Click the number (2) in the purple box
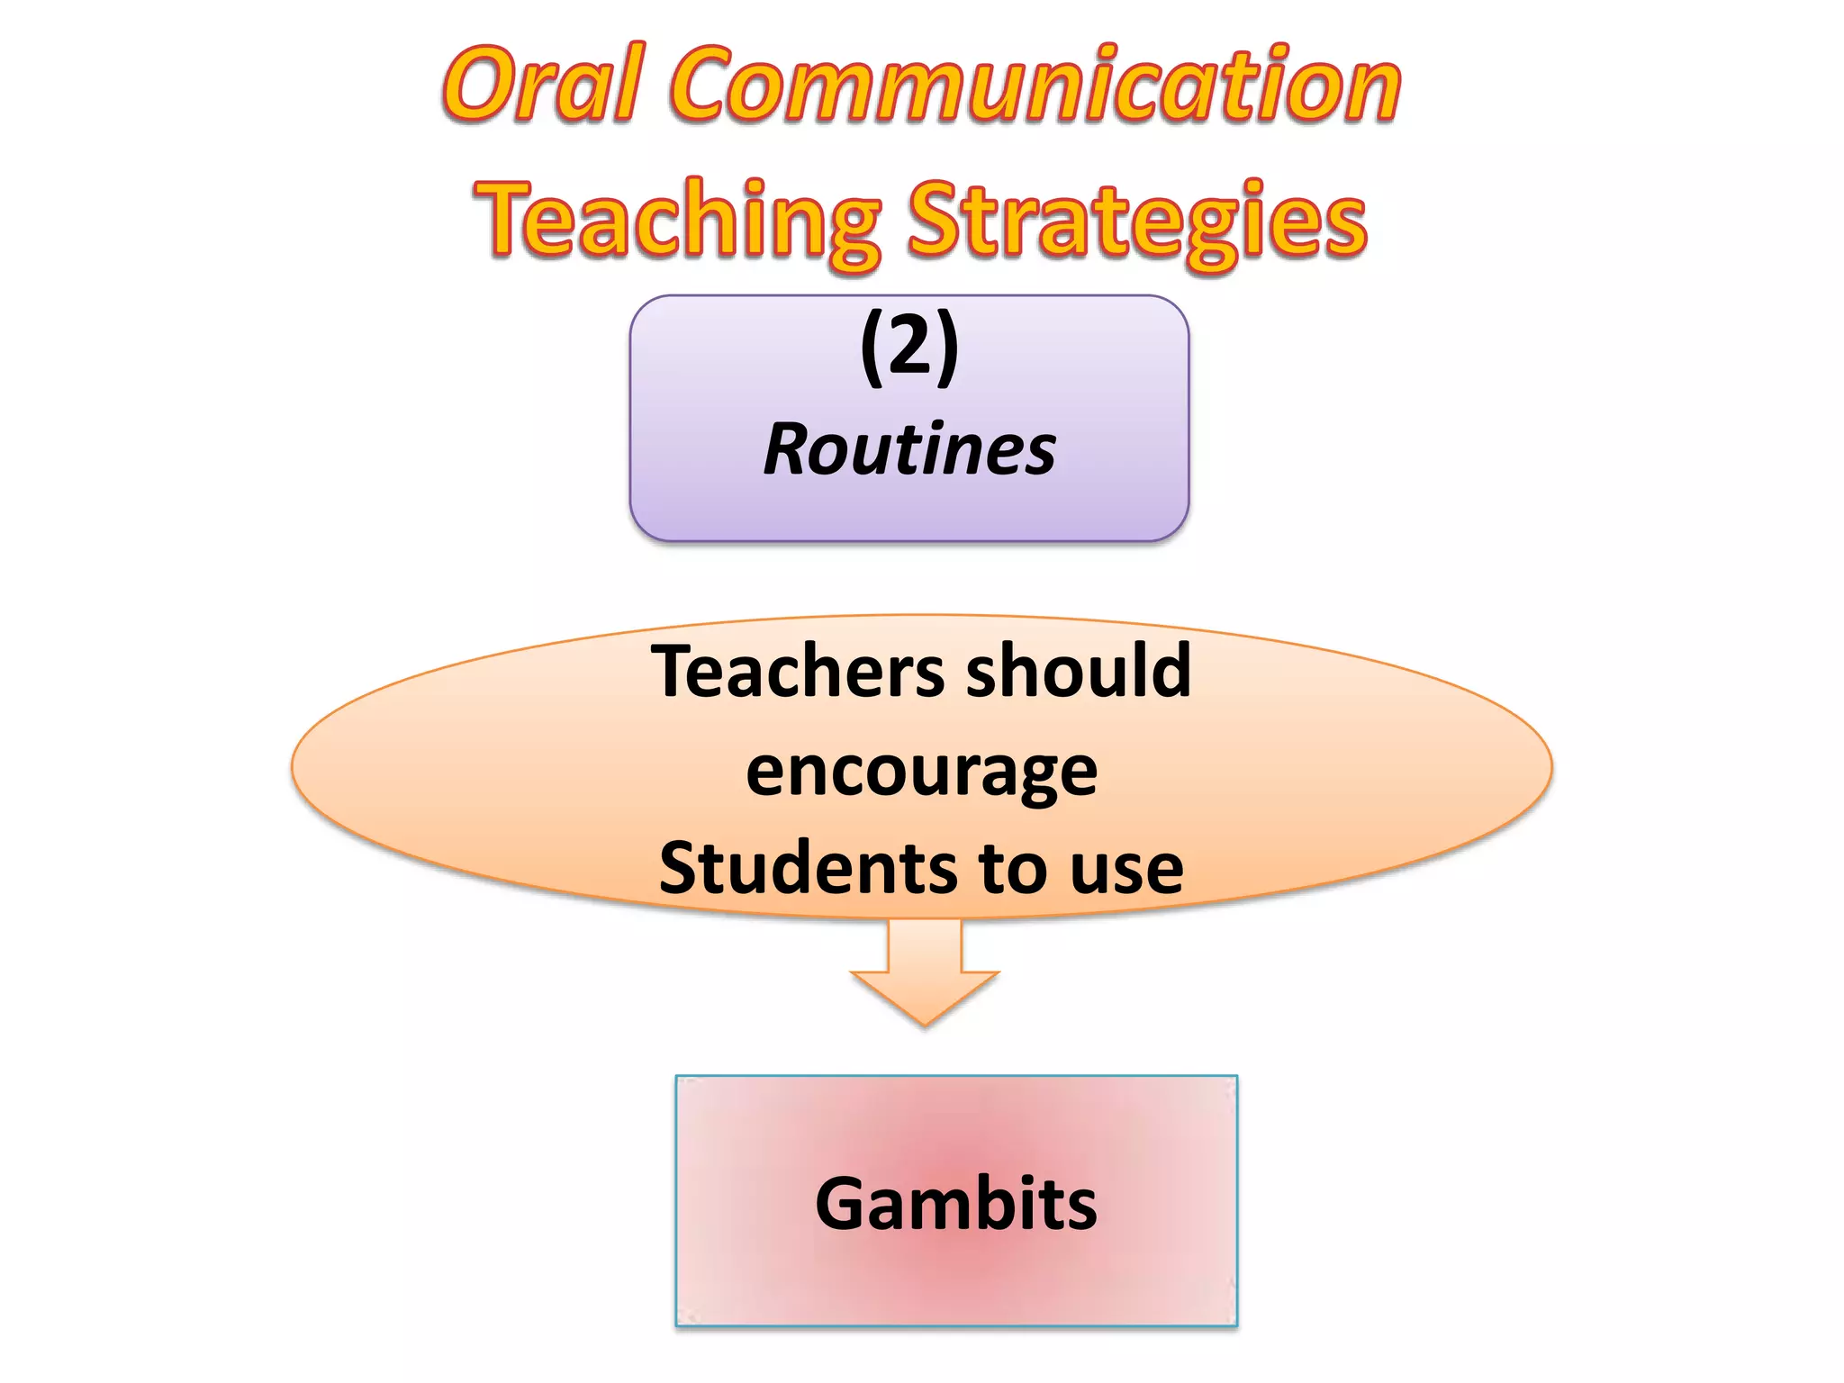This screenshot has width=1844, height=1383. coord(909,347)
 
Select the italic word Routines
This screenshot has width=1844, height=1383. coord(909,449)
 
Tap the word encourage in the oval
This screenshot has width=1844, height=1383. coord(921,773)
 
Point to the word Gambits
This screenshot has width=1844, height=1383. coord(955,1204)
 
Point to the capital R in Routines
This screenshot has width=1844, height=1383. coord(789,449)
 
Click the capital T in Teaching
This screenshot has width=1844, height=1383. coord(509,219)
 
